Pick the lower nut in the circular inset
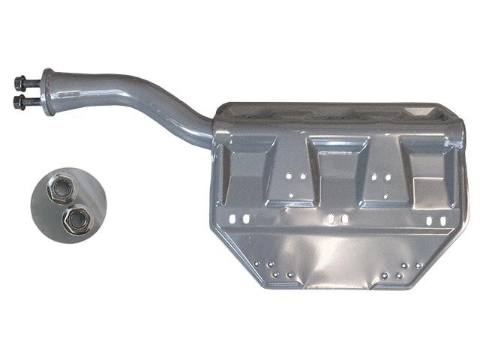[x=75, y=219]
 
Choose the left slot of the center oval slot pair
[x=332, y=220]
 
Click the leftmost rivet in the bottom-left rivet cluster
[x=257, y=265]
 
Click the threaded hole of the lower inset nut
[x=75, y=219]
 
